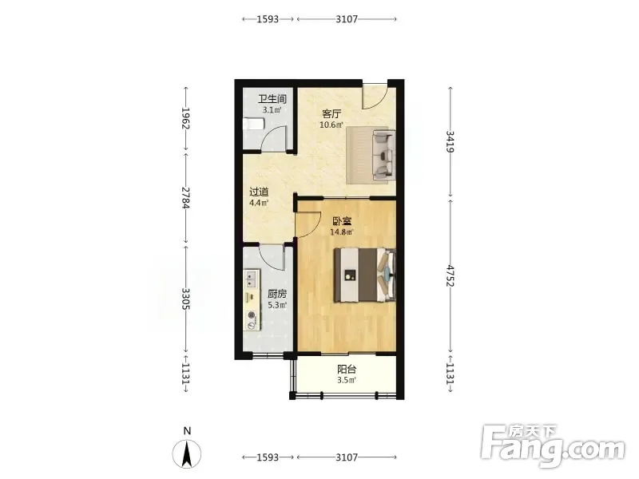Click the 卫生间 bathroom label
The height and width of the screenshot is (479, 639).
click(x=272, y=99)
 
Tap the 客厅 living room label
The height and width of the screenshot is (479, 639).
click(x=331, y=114)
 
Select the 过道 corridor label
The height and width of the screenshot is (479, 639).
click(x=259, y=192)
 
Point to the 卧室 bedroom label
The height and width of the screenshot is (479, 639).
click(x=343, y=222)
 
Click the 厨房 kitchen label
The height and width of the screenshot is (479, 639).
click(x=277, y=294)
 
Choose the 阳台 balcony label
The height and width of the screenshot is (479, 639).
click(x=347, y=370)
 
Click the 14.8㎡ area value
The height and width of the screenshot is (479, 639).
click(x=342, y=232)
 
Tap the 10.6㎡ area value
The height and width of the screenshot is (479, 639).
click(x=331, y=125)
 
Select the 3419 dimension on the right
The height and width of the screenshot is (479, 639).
click(x=450, y=141)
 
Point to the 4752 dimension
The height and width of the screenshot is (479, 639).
click(x=450, y=275)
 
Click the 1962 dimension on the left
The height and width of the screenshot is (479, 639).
click(x=186, y=118)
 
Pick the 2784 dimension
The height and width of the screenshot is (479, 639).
click(x=186, y=198)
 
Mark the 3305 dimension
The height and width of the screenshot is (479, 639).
click(x=186, y=299)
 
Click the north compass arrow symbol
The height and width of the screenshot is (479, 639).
click(x=187, y=454)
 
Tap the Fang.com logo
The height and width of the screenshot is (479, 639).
click(x=553, y=446)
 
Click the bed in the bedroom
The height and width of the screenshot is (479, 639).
click(x=365, y=275)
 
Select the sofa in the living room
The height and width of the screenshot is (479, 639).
click(x=384, y=155)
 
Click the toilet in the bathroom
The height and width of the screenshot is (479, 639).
click(x=253, y=124)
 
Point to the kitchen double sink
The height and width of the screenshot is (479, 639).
click(x=251, y=278)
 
